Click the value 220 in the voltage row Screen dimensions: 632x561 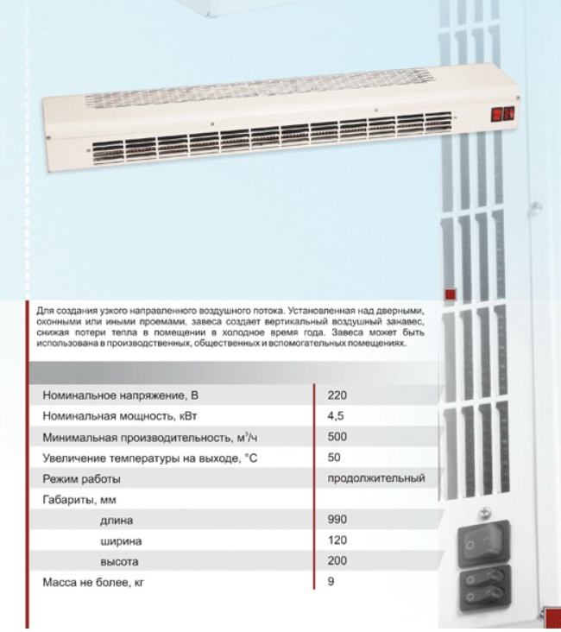[x=337, y=395]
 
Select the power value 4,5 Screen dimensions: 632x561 [x=337, y=415]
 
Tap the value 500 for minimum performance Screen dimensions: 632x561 [x=337, y=437]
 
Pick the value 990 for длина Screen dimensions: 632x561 [x=337, y=521]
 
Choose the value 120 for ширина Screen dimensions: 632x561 [x=337, y=540]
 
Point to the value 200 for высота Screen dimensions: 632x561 [x=337, y=561]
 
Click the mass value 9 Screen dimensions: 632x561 [x=331, y=582]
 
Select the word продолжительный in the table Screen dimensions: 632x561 [x=376, y=478]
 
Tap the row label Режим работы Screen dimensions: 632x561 [x=82, y=479]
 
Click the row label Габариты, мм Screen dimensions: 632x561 [x=79, y=500]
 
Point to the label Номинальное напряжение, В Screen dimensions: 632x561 [x=114, y=396]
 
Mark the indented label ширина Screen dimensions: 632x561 [x=121, y=541]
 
